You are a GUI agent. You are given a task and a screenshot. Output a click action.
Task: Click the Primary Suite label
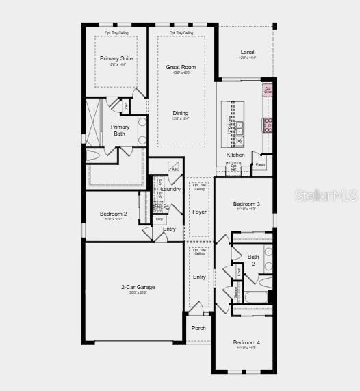(116, 58)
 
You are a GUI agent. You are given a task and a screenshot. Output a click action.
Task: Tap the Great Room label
(181, 67)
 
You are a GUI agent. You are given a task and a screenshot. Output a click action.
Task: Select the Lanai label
(247, 52)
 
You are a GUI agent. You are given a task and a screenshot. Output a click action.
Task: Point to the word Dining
(180, 113)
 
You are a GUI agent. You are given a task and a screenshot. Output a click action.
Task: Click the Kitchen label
(235, 155)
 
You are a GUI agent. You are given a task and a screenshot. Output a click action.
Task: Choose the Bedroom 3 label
(246, 204)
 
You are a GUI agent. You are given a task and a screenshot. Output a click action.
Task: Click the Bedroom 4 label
(246, 342)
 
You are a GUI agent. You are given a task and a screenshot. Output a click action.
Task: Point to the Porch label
(198, 328)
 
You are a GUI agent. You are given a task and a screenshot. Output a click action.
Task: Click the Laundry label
(171, 189)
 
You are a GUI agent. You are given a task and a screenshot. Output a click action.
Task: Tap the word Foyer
(199, 212)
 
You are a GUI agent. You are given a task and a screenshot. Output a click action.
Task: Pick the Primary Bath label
(120, 130)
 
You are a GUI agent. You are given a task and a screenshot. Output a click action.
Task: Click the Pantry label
(261, 164)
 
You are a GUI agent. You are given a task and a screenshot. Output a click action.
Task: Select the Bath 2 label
(253, 260)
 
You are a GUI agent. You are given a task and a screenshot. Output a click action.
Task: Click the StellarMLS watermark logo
(324, 195)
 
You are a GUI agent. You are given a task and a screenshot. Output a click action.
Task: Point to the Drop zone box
(159, 219)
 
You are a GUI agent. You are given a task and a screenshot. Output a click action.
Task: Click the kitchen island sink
(240, 126)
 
